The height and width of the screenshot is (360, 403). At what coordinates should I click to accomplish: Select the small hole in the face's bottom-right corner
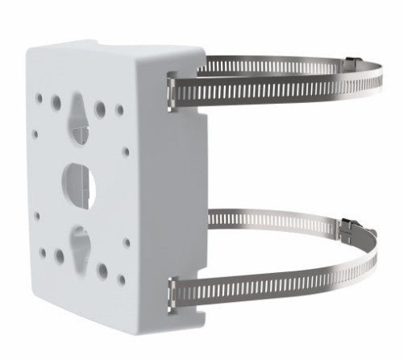pos(123,278)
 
